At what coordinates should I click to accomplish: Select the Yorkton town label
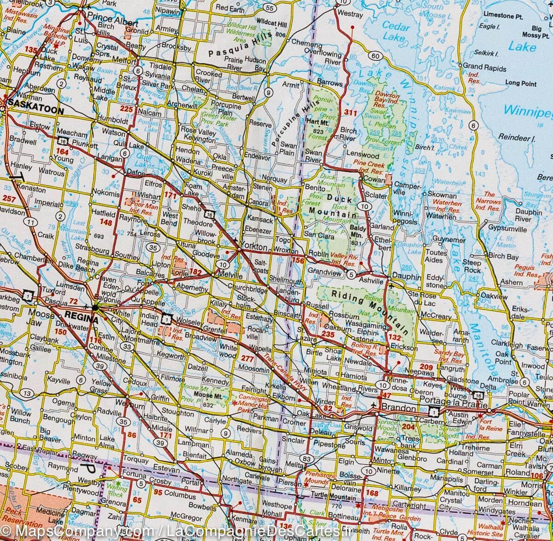[x=253, y=247]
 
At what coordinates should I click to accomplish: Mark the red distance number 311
[x=351, y=112]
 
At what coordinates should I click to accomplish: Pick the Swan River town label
[x=313, y=156]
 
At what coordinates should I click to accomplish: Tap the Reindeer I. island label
[x=516, y=137]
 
